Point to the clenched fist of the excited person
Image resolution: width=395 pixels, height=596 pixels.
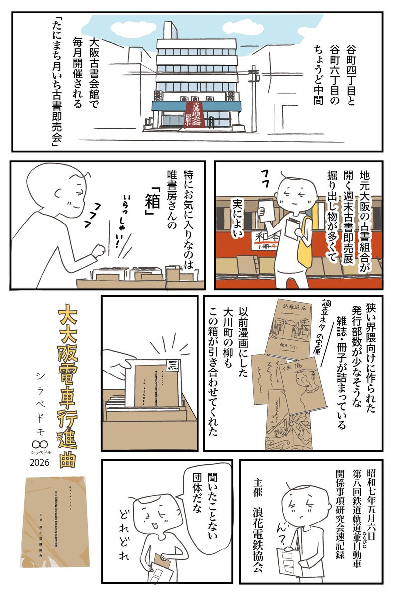[101, 248]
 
